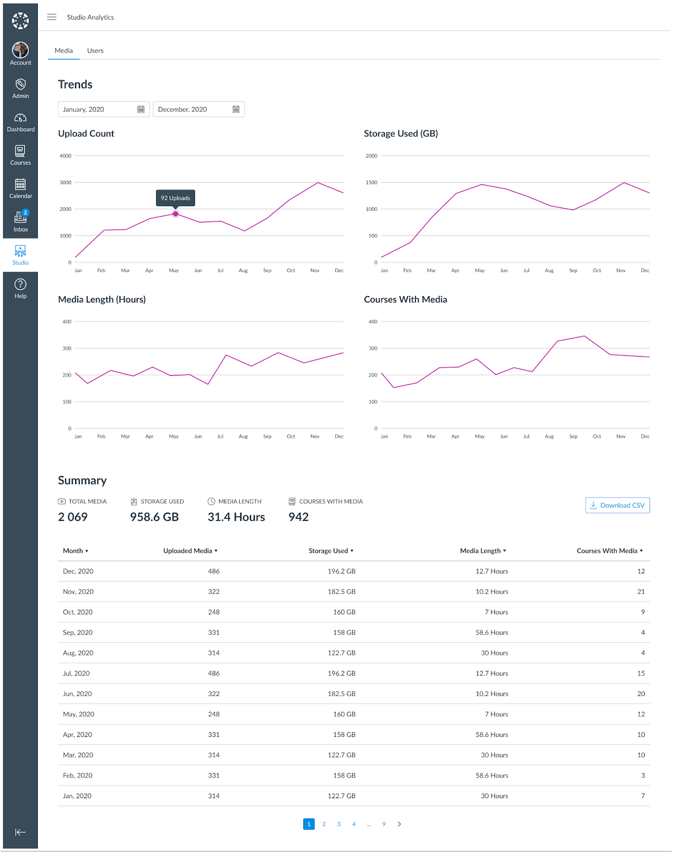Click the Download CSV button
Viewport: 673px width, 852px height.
point(617,505)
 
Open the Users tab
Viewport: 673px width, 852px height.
point(95,51)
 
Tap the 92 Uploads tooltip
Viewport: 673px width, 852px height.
point(175,198)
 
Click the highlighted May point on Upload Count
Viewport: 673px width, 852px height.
point(175,214)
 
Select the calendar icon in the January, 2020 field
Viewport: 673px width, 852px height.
point(141,109)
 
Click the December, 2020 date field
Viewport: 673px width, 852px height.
point(192,109)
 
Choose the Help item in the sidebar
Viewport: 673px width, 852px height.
point(20,288)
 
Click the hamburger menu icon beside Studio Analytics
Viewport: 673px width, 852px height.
point(52,17)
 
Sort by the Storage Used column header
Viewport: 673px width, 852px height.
point(330,551)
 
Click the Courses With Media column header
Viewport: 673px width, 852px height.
point(609,551)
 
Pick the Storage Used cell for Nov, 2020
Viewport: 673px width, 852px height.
point(341,592)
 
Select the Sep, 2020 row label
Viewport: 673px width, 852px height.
point(78,633)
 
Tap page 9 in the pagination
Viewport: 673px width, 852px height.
point(384,824)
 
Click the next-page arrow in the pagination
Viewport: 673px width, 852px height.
point(399,824)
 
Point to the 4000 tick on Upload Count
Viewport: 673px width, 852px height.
point(66,156)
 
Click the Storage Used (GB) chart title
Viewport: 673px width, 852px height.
point(401,134)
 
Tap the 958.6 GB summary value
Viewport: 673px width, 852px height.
point(154,517)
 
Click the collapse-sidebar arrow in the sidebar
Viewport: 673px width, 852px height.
point(20,832)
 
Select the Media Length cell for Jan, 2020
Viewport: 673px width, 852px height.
point(494,796)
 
